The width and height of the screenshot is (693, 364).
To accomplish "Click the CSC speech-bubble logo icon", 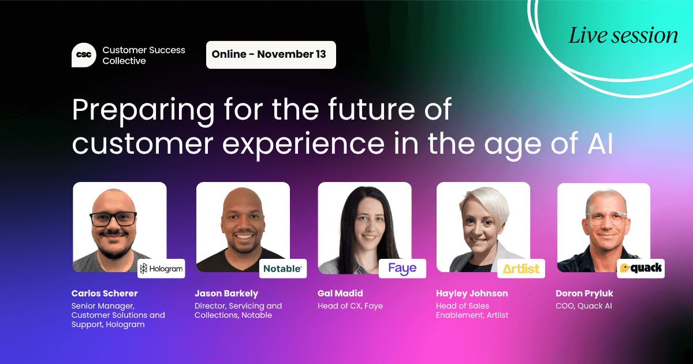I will pyautogui.click(x=84, y=55).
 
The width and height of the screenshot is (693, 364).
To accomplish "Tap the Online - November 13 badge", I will pyautogui.click(x=271, y=55).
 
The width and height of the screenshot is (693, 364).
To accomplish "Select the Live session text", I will pyautogui.click(x=623, y=36).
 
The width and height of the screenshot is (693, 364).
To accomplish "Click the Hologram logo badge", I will pyautogui.click(x=161, y=269).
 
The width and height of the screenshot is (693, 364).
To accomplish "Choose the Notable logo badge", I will pyautogui.click(x=282, y=269).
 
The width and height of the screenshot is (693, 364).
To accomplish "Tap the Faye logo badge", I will pyautogui.click(x=403, y=269).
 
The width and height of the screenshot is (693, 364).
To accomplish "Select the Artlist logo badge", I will pyautogui.click(x=521, y=269).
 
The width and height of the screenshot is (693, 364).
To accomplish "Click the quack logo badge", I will pyautogui.click(x=641, y=268).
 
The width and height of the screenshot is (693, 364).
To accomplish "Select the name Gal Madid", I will pyautogui.click(x=340, y=294).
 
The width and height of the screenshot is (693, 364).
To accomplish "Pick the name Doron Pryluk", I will pyautogui.click(x=584, y=294).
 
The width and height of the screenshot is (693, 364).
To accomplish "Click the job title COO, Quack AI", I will pyautogui.click(x=584, y=306).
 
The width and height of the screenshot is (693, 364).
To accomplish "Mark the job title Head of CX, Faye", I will pyautogui.click(x=350, y=306).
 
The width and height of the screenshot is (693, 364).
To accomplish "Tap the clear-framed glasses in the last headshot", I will pyautogui.click(x=606, y=218).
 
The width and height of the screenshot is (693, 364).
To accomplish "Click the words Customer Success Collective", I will pyautogui.click(x=144, y=55).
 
